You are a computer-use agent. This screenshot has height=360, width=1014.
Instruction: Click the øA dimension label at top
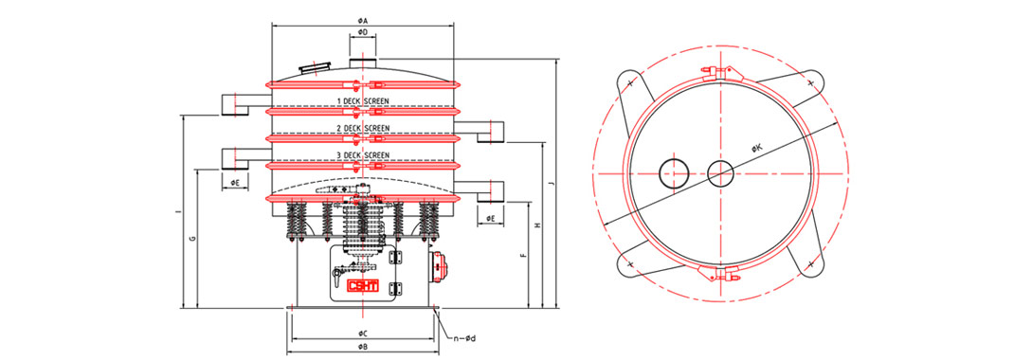[363, 22]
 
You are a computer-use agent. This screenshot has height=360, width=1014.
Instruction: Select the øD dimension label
[363, 31]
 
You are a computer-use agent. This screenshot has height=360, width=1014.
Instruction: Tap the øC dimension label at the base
[363, 333]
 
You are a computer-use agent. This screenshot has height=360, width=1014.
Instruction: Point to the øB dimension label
[363, 348]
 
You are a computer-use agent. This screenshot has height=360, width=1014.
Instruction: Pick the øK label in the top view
[757, 149]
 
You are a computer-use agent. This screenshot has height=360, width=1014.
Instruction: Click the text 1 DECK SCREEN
[364, 101]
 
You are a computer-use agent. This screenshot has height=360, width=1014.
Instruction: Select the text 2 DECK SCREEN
[364, 128]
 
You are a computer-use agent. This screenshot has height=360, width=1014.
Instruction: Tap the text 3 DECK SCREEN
[364, 155]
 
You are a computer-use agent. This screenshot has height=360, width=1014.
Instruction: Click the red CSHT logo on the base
[363, 286]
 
